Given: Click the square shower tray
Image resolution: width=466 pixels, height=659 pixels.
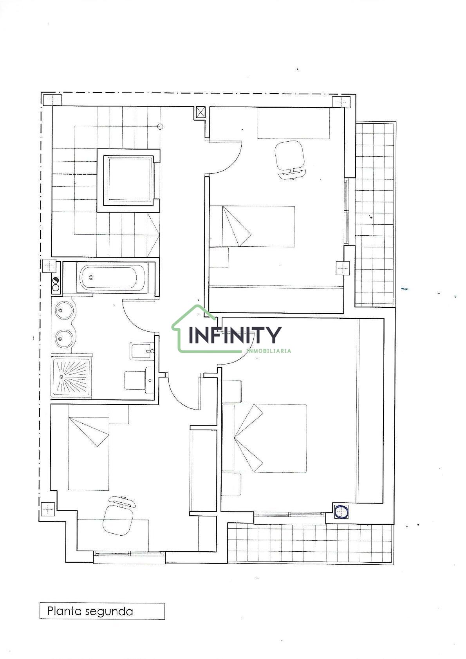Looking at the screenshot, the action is [x=71, y=377].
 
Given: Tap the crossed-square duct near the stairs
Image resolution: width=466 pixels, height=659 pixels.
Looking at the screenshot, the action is [x=200, y=112].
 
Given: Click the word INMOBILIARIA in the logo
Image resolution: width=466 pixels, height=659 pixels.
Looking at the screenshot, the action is [x=269, y=351].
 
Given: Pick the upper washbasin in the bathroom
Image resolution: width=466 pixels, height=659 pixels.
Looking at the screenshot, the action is [x=64, y=311].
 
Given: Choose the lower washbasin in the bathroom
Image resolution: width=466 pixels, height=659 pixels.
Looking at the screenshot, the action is [x=64, y=339].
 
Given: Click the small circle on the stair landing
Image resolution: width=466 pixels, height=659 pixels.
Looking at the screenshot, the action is [x=160, y=127].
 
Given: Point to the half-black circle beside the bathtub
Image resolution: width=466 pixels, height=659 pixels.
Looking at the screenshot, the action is [x=55, y=281].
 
